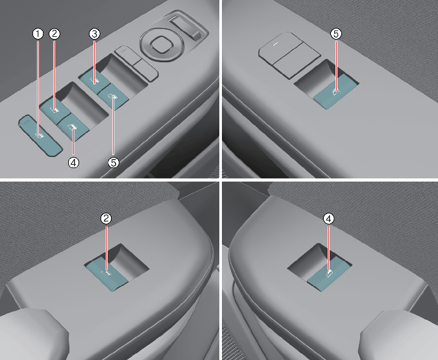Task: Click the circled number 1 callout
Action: (38, 34)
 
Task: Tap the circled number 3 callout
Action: (95, 34)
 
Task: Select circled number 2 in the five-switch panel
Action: (55, 34)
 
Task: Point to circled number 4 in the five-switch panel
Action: (73, 163)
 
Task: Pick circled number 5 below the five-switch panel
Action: (114, 163)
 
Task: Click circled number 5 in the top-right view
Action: (336, 34)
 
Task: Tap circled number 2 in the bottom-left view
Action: (106, 219)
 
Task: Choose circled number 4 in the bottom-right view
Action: (329, 219)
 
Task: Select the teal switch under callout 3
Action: (94, 80)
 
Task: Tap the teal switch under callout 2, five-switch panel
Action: (55, 110)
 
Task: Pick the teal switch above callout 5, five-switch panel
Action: (113, 97)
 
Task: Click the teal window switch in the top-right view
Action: (335, 91)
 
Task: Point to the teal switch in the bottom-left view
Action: (106, 274)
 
